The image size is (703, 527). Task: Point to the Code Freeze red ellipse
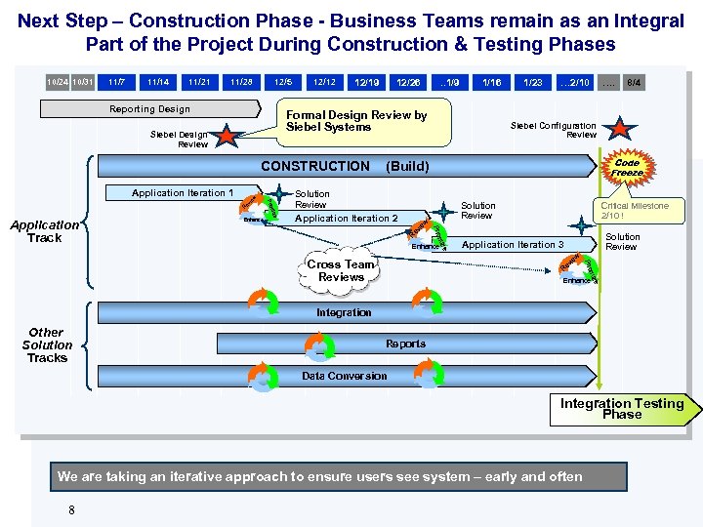click(x=627, y=168)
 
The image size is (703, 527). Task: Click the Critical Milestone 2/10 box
click(x=635, y=211)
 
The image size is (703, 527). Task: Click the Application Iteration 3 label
click(x=513, y=244)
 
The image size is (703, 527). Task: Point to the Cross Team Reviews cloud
click(x=341, y=270)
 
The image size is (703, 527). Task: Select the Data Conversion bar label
click(x=344, y=376)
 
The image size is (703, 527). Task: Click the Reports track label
click(x=405, y=344)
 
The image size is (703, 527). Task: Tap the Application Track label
click(x=45, y=230)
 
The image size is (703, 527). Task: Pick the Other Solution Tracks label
click(x=47, y=345)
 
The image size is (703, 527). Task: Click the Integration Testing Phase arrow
click(x=622, y=408)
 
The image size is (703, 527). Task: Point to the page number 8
click(x=70, y=508)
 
